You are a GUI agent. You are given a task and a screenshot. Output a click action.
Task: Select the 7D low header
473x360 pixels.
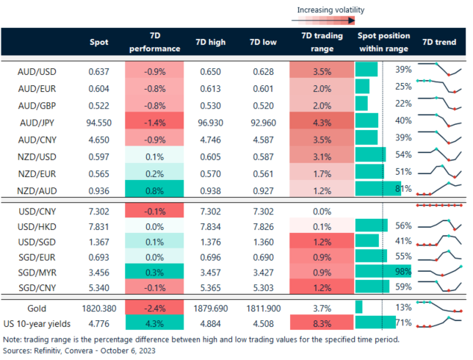click(x=263, y=42)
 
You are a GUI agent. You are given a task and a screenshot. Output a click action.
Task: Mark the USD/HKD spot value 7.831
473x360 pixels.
click(x=98, y=227)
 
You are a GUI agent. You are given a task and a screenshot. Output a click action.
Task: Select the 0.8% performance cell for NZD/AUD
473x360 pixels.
click(x=154, y=188)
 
